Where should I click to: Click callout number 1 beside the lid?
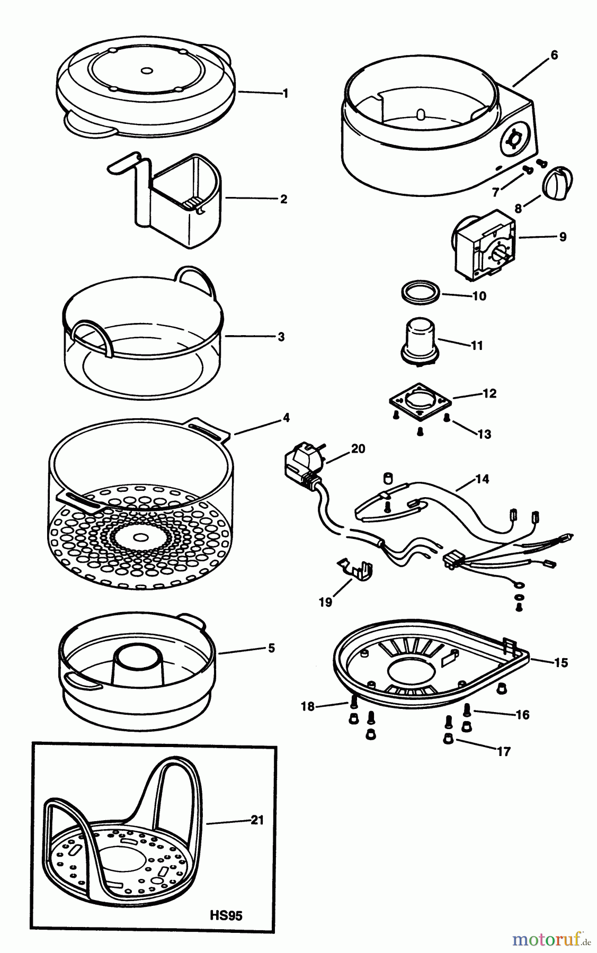pyautogui.click(x=286, y=94)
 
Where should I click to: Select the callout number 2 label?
pyautogui.click(x=283, y=199)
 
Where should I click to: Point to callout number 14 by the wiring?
pyautogui.click(x=482, y=479)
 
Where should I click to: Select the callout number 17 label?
pyautogui.click(x=503, y=751)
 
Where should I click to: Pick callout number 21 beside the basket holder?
pyautogui.click(x=257, y=820)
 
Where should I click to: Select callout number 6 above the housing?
pyautogui.click(x=554, y=55)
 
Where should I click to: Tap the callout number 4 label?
pyautogui.click(x=286, y=418)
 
